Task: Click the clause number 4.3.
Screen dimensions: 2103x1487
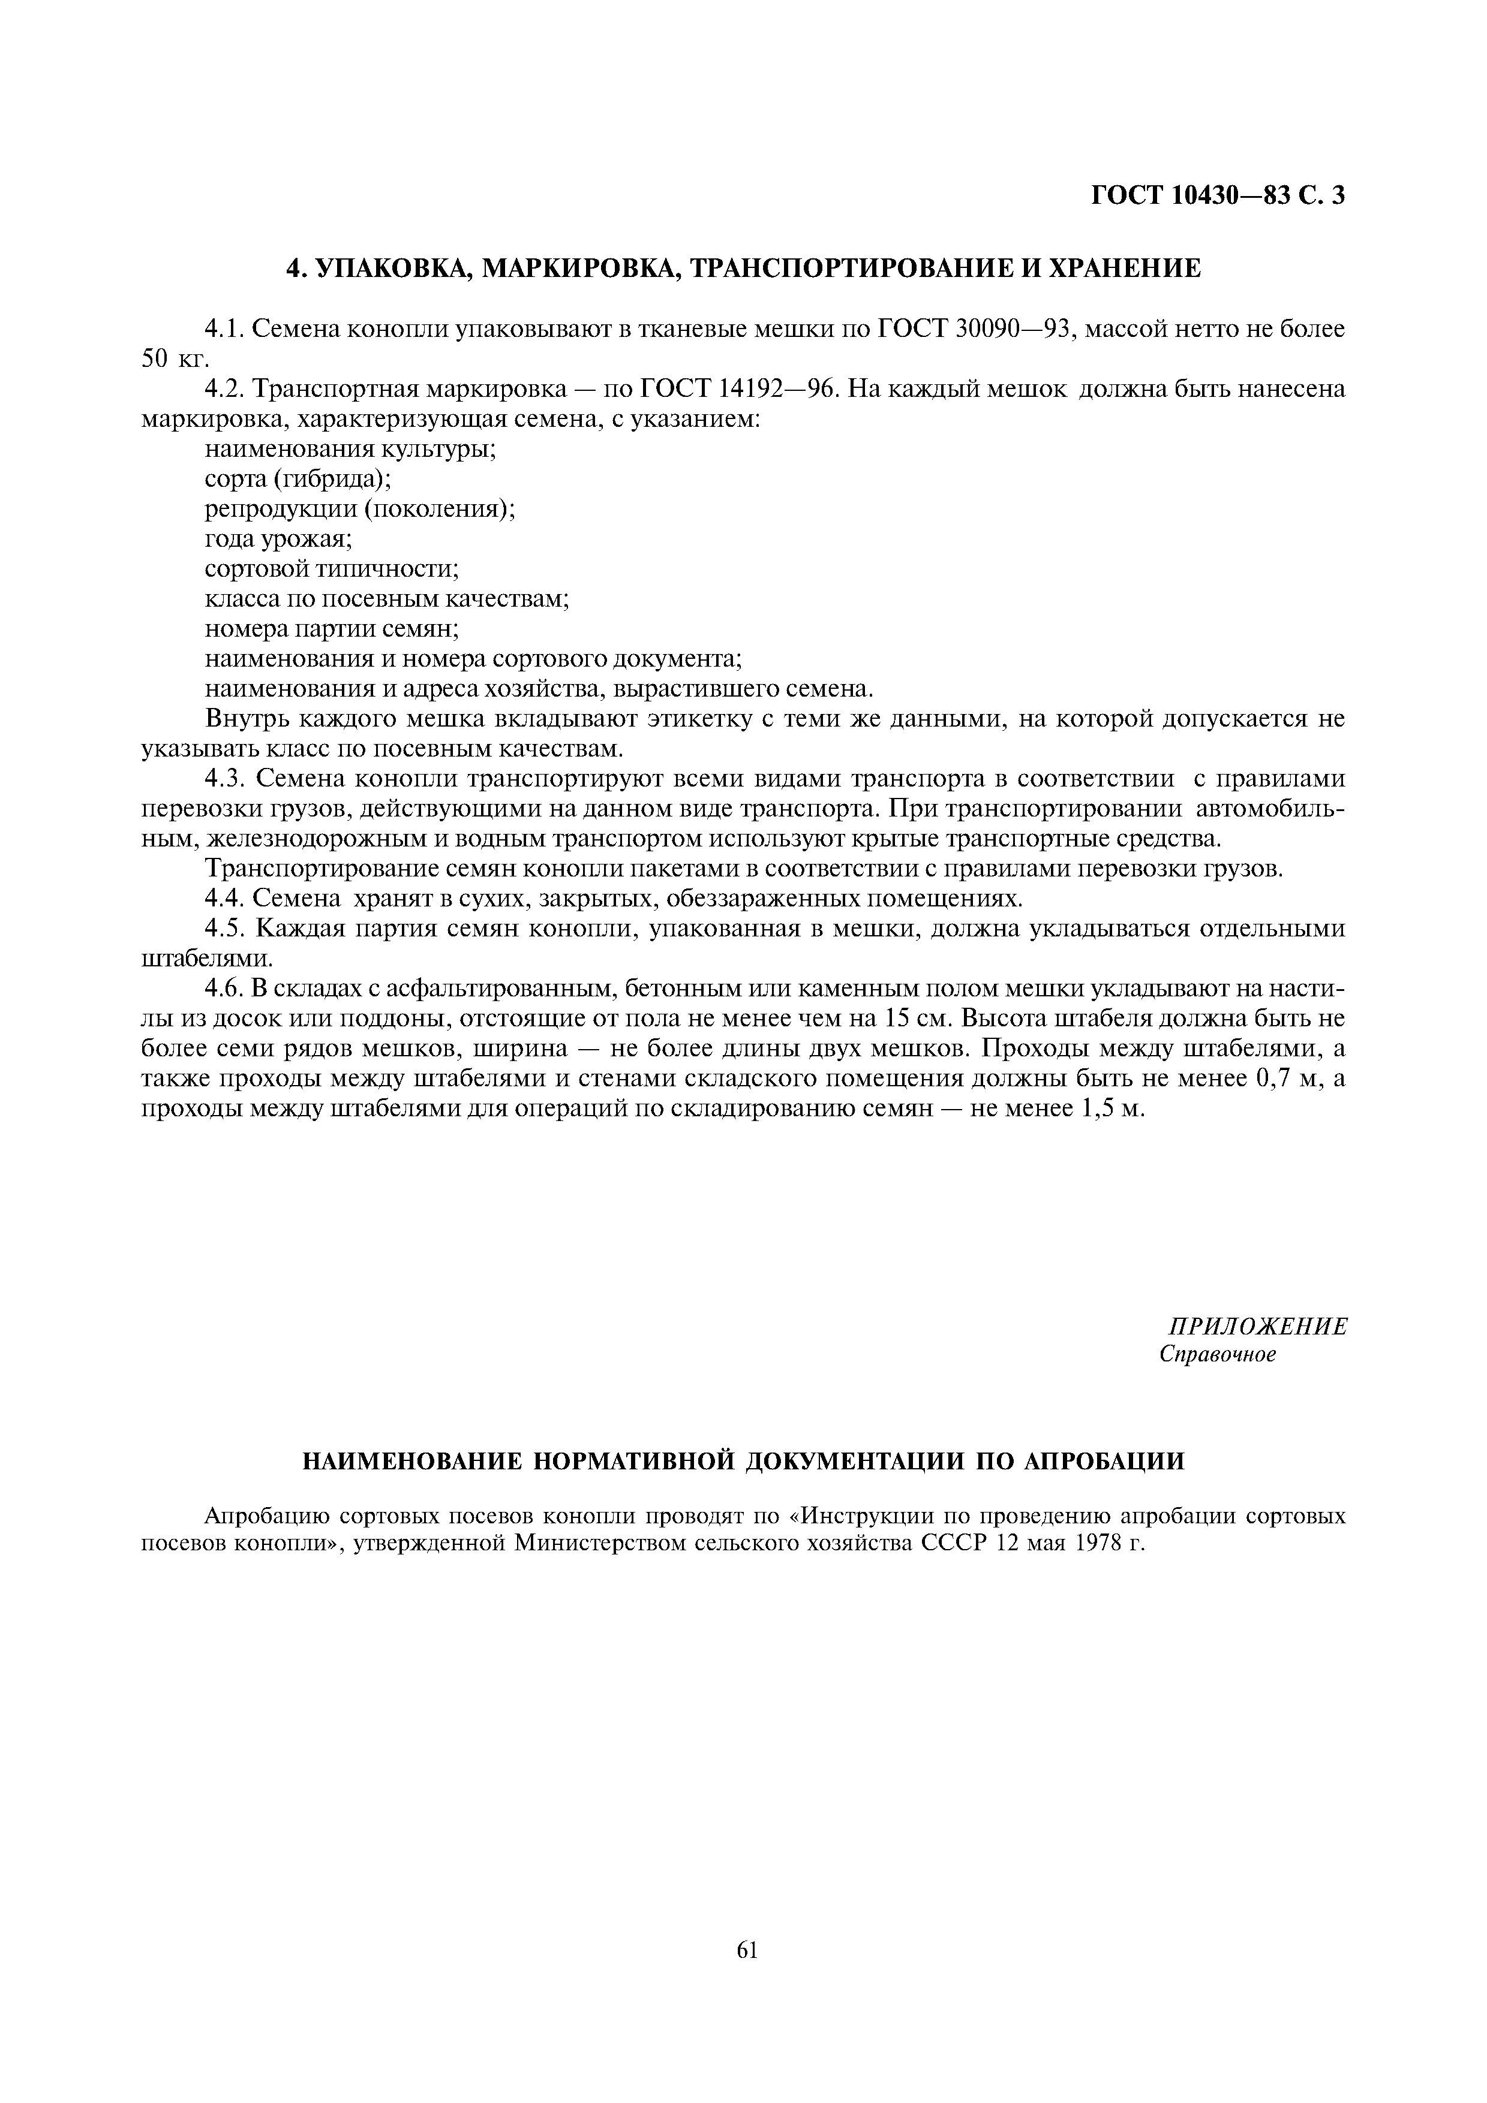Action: [x=226, y=779]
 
